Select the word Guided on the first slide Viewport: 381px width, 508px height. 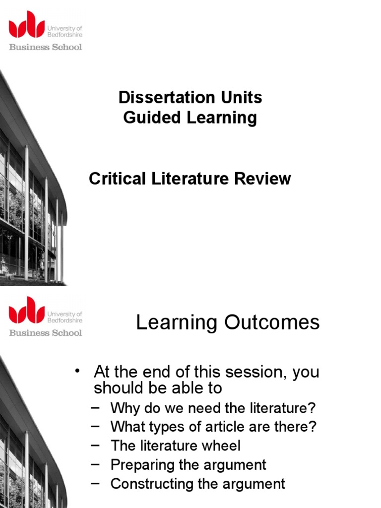tap(148, 118)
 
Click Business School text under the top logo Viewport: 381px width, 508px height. tap(46, 47)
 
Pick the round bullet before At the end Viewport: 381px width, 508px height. tap(77, 371)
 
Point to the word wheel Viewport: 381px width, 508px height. tap(221, 445)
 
